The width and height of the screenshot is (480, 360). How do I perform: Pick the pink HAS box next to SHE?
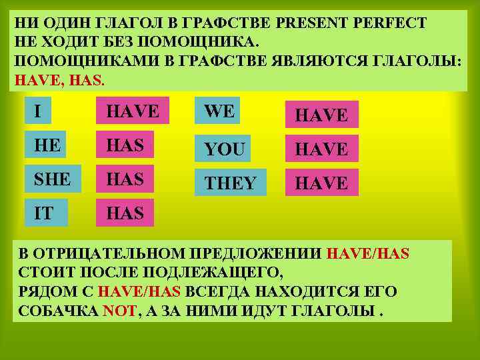click(125, 179)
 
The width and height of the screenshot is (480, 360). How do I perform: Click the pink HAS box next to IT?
click(125, 213)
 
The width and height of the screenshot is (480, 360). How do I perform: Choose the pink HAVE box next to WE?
click(321, 115)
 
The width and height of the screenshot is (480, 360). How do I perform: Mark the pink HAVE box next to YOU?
click(321, 149)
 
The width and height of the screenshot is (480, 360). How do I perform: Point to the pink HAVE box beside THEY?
click(321, 182)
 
